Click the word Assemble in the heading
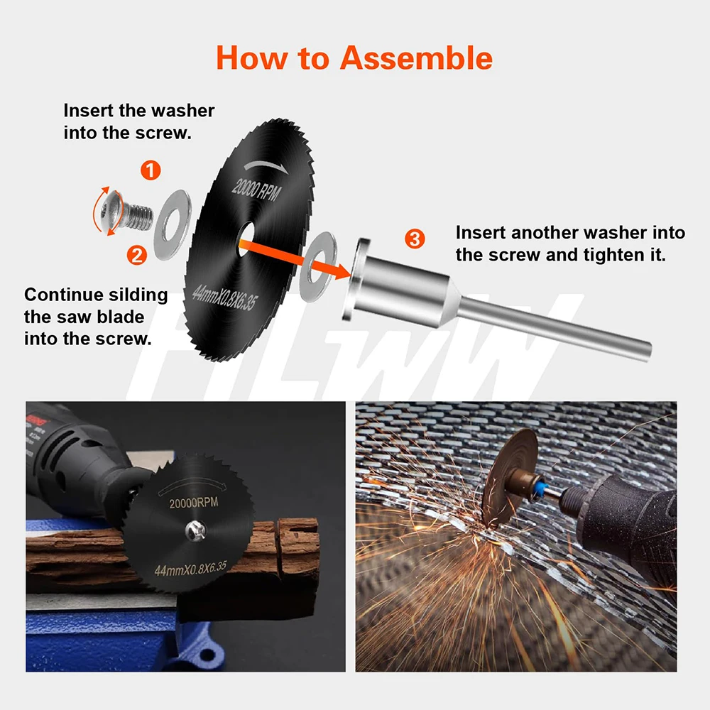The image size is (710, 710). (x=415, y=58)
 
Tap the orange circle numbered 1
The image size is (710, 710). (x=151, y=170)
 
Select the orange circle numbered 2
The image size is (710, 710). (x=137, y=255)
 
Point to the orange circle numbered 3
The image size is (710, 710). (x=415, y=239)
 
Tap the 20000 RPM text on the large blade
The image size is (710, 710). (x=256, y=190)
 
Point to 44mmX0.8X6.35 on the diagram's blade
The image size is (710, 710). (x=223, y=297)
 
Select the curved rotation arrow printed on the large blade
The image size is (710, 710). (x=266, y=165)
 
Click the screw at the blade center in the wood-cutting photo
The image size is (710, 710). (x=196, y=530)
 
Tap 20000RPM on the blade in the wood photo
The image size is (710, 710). (x=193, y=503)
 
